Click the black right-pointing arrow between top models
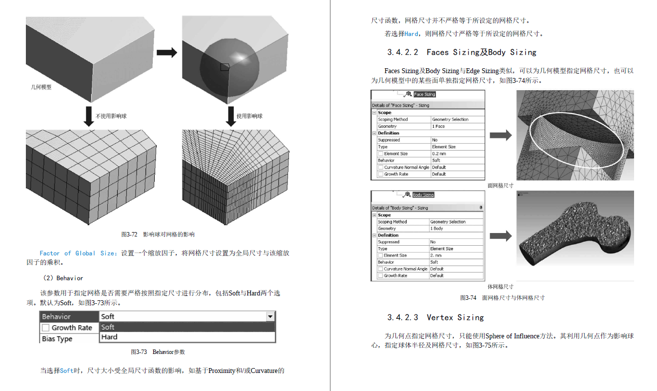(166, 53)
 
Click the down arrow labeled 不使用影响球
(89, 116)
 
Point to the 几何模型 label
(41, 87)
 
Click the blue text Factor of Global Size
(78, 254)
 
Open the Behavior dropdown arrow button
(270, 317)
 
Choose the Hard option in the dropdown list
(109, 337)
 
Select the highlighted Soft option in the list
(108, 327)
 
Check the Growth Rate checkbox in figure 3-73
(46, 328)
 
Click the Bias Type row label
(57, 339)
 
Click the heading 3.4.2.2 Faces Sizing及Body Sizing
(462, 52)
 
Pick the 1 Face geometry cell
(438, 126)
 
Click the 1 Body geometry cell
(436, 229)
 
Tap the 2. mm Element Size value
(436, 255)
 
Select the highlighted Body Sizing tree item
(423, 195)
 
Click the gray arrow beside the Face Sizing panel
(501, 136)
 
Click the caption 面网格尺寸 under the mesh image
(500, 186)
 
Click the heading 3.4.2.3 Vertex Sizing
(435, 317)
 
